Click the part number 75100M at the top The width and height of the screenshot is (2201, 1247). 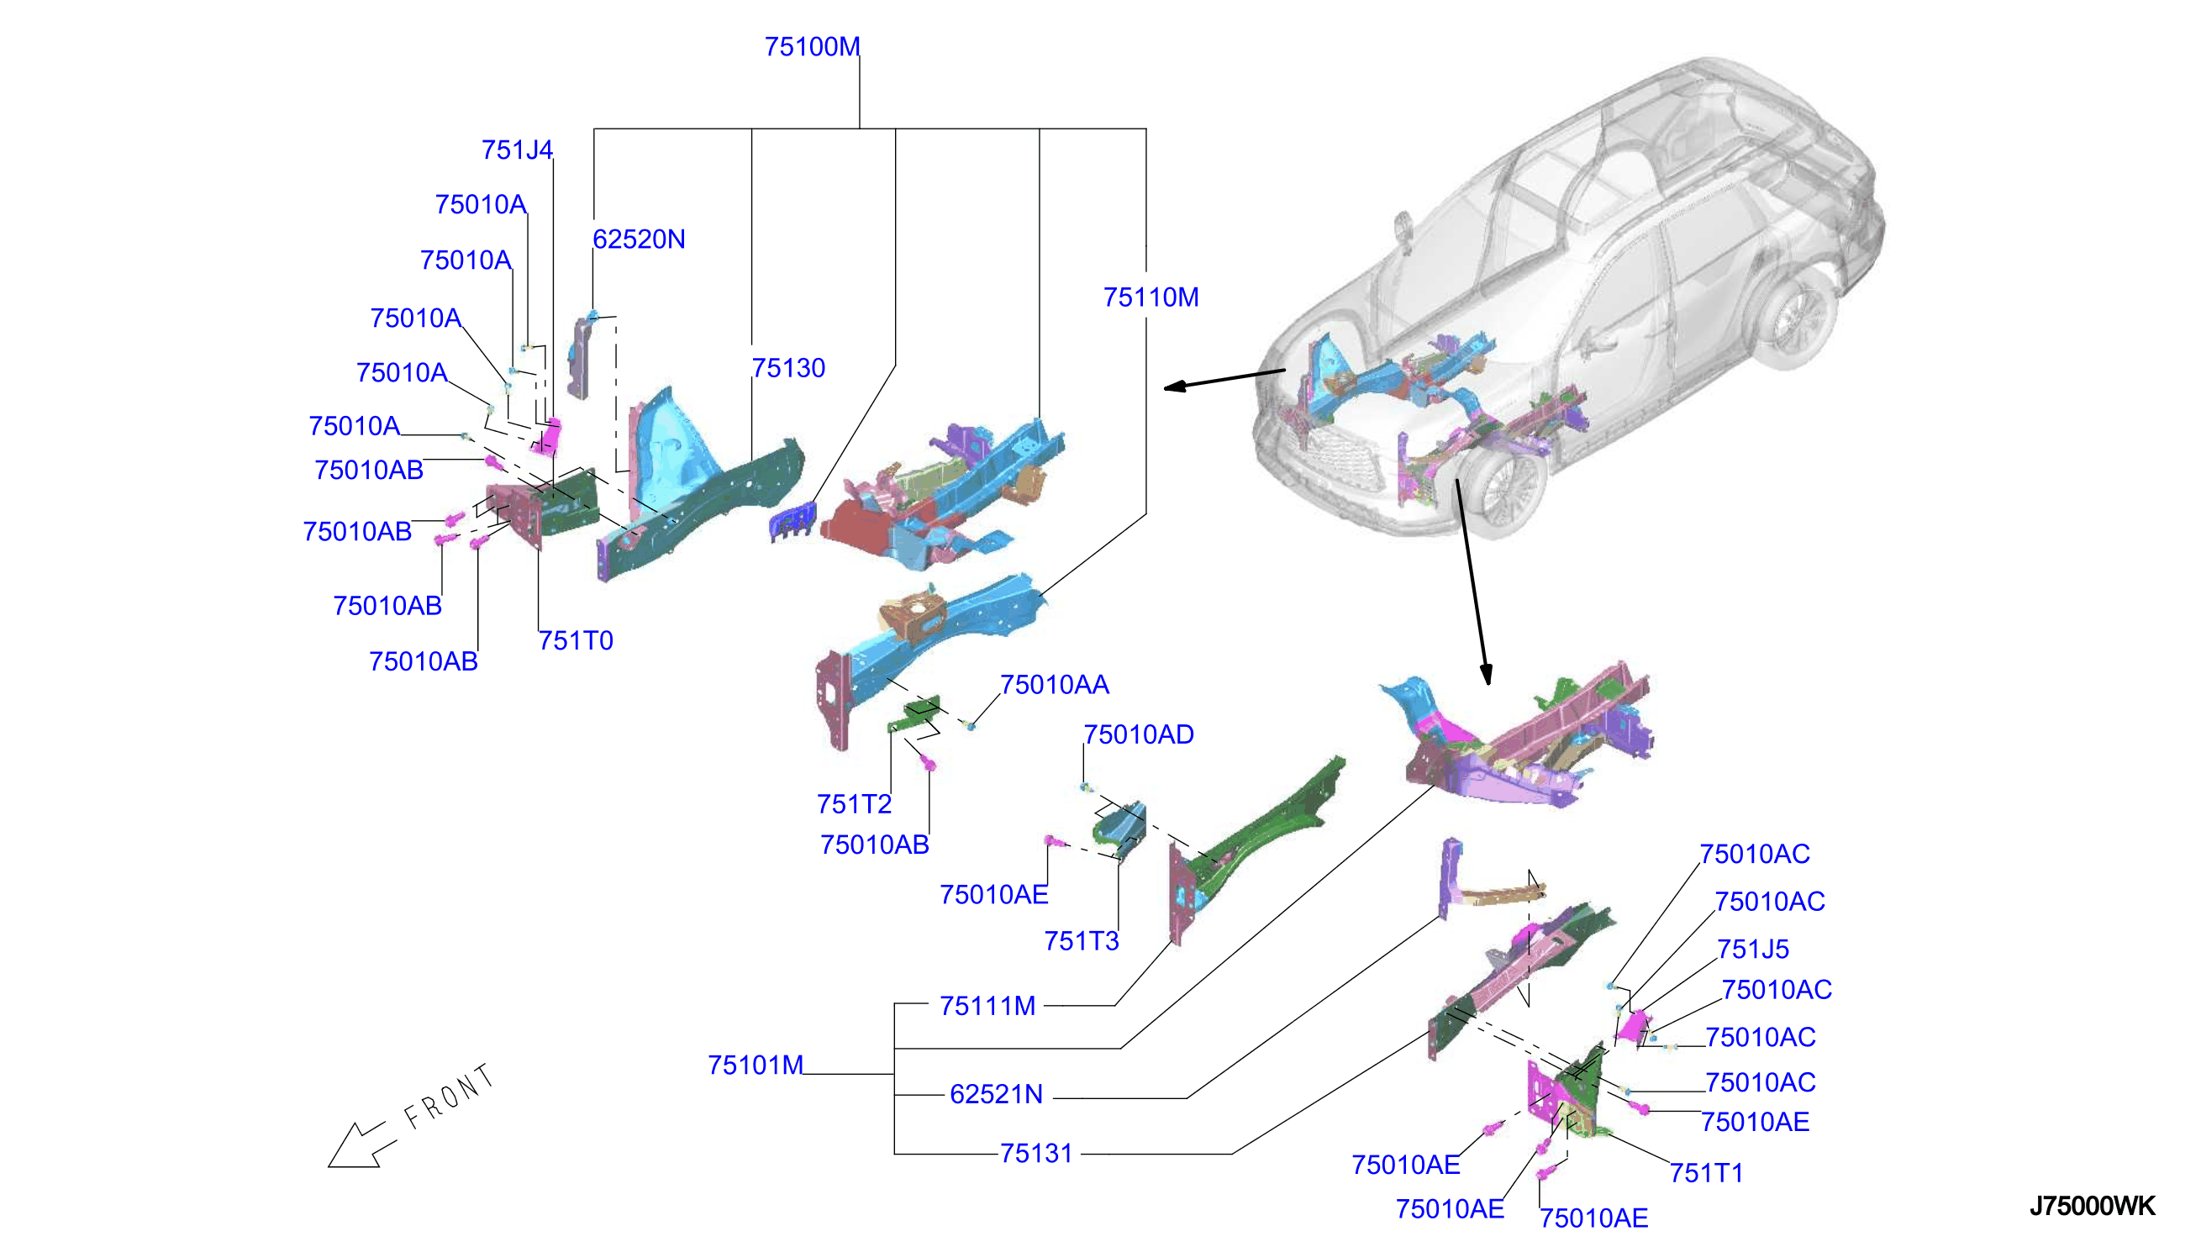(812, 46)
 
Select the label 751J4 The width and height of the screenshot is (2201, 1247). (518, 150)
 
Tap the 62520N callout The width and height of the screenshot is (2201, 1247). (639, 239)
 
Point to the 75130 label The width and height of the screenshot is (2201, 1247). (788, 367)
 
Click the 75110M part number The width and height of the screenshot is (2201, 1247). (1151, 297)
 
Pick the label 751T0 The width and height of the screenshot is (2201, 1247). (576, 640)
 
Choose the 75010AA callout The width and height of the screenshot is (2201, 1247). (1054, 684)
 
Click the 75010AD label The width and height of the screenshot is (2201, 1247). (1138, 734)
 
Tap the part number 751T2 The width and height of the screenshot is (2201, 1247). (854, 804)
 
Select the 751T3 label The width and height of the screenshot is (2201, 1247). (1082, 941)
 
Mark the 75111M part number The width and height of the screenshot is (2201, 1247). (987, 1006)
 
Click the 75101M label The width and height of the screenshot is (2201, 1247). (756, 1065)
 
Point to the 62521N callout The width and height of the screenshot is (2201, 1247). (996, 1094)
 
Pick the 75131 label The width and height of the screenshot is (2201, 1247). (1036, 1154)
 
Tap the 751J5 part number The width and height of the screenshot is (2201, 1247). (1753, 949)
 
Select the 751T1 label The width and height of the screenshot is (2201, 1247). (1707, 1173)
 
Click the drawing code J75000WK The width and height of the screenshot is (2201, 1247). (2093, 1206)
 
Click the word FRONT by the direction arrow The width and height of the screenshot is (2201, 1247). (450, 1097)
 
